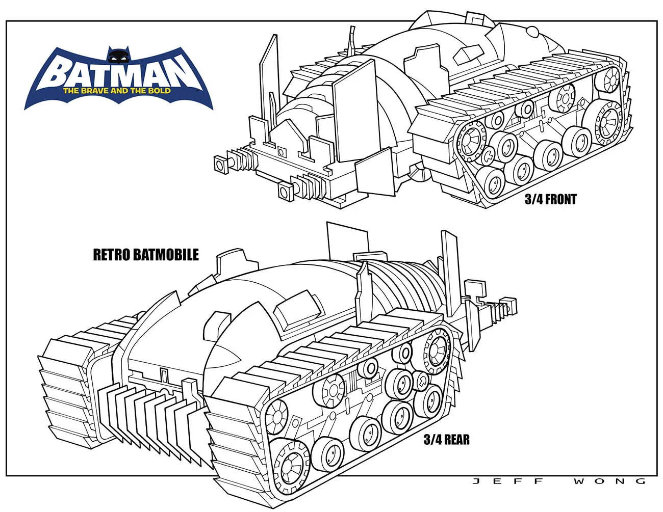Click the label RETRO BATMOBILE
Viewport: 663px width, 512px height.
coord(146,255)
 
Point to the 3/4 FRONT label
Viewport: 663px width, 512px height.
coord(550,199)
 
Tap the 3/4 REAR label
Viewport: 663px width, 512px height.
coord(447,440)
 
